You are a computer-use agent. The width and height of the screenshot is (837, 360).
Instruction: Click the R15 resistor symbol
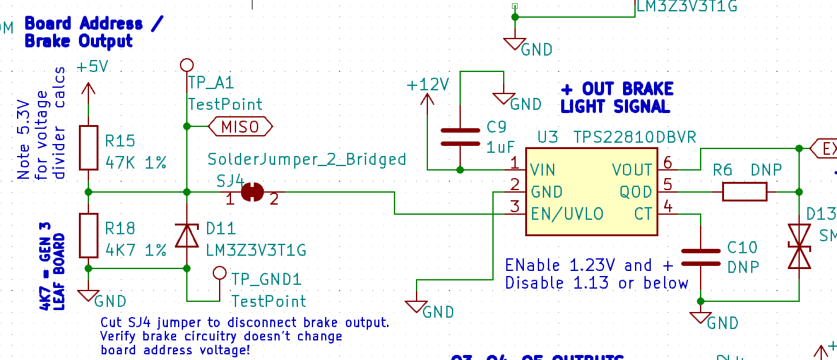coord(88,148)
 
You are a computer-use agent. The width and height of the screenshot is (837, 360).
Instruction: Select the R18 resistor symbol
coord(88,235)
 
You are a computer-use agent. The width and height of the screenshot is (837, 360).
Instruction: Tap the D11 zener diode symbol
coord(187,235)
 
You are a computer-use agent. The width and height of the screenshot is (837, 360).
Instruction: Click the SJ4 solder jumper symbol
coord(252,191)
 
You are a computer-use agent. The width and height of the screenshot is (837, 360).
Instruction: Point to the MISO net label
coord(240,127)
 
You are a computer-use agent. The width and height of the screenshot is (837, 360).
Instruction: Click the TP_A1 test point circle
coord(187,64)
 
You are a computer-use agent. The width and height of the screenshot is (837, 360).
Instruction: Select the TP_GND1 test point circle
coord(220,273)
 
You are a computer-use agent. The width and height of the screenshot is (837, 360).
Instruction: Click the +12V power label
coord(427,85)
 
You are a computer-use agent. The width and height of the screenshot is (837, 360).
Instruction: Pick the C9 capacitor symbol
coord(460,137)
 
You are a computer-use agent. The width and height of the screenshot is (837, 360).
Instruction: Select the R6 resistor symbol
coord(744,191)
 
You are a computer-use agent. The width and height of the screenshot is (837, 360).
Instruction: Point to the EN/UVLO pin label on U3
coord(567,213)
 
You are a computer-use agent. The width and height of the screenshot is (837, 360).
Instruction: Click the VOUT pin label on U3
coord(632,170)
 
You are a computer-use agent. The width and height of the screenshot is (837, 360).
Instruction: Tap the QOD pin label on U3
coord(636,191)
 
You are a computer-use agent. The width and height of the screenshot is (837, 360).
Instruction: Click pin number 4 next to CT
coord(668,206)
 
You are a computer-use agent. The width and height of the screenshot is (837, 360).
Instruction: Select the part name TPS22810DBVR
coord(634,137)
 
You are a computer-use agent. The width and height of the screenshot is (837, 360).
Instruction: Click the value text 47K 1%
coord(136,163)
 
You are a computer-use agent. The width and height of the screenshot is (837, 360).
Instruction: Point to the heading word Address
coord(111,24)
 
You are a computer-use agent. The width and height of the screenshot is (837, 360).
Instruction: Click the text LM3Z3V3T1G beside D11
coord(256,251)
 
